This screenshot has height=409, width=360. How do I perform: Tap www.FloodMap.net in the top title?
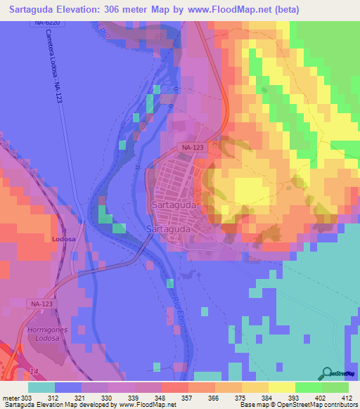point(238,10)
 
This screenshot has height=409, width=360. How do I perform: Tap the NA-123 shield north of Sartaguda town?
point(192,148)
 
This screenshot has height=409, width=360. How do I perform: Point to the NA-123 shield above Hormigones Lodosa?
point(41,304)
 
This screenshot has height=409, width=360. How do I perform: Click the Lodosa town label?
point(63,240)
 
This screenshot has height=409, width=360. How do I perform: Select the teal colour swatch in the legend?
point(41,387)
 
